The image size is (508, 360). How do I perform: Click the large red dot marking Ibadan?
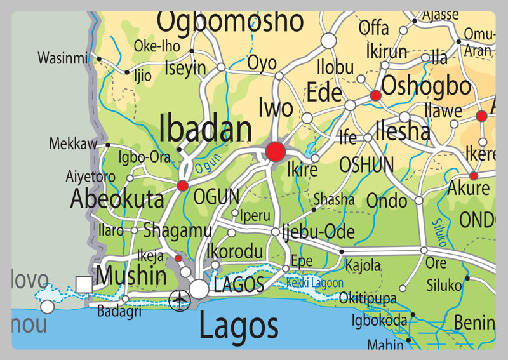(x=276, y=151)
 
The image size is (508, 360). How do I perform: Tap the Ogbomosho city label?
(x=230, y=21)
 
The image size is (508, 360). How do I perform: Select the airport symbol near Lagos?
(x=180, y=299)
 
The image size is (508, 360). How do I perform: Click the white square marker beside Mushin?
(x=83, y=284)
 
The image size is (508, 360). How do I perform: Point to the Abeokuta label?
(x=117, y=199)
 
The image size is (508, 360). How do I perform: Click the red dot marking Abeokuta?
(x=183, y=185)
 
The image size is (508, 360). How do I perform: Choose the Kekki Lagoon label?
(x=314, y=283)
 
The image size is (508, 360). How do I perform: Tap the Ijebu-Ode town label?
(x=317, y=232)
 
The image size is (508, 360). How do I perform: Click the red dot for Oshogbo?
(x=375, y=95)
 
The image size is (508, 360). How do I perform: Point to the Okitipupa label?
(x=368, y=298)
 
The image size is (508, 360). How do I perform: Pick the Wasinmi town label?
(x=62, y=58)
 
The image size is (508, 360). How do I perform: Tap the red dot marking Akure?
(x=474, y=175)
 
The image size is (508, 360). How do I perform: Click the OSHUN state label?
(x=366, y=164)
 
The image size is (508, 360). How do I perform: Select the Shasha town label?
(x=334, y=199)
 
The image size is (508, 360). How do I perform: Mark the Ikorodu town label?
(x=235, y=251)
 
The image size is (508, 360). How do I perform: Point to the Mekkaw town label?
(x=73, y=144)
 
